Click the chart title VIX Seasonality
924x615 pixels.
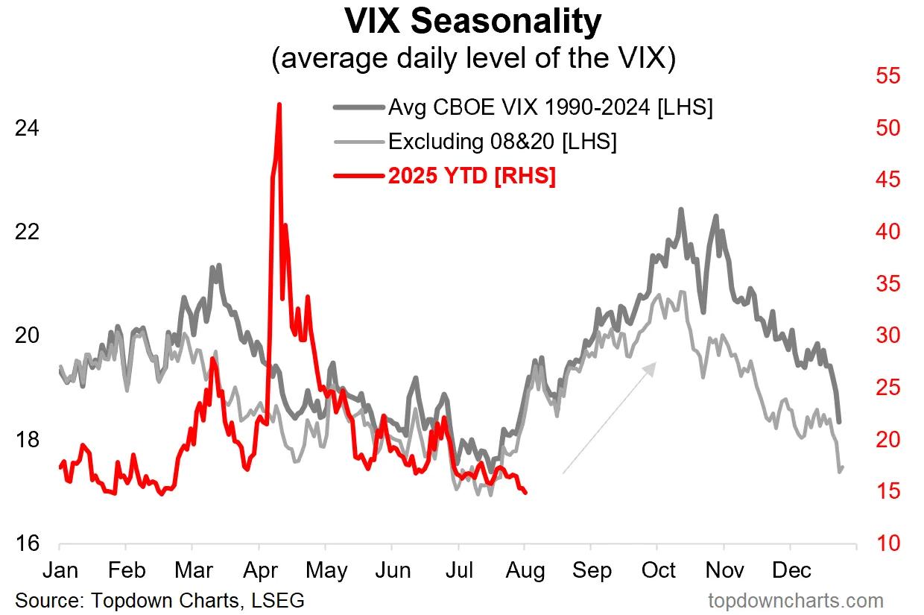tap(472, 22)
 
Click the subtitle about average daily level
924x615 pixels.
tap(472, 59)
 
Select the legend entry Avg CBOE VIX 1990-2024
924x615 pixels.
tap(551, 107)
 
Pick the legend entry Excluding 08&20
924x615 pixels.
tap(501, 142)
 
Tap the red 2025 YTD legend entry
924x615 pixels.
tap(471, 177)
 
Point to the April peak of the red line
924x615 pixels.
tap(279, 105)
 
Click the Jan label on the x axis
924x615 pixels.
tap(60, 570)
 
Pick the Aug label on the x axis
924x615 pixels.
tap(525, 570)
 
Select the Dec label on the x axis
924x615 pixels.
tap(791, 570)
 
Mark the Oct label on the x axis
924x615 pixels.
tap(658, 570)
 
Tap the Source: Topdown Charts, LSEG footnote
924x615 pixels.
tap(159, 600)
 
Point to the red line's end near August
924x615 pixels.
tap(526, 493)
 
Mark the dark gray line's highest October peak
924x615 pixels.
tap(680, 209)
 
